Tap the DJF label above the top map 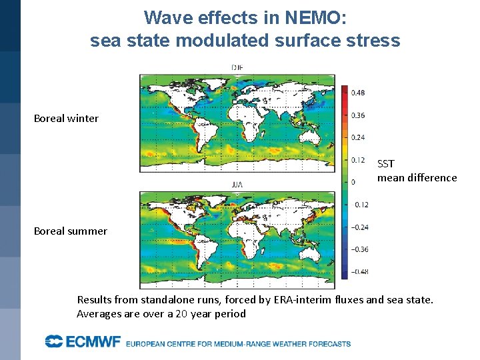[x=237, y=67]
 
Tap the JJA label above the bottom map [x=237, y=184]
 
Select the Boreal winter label [x=66, y=119]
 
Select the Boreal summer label [x=70, y=231]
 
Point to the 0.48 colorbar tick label [x=358, y=93]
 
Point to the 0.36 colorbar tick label [x=358, y=115]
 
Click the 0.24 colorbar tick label [x=358, y=137]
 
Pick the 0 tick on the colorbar [x=353, y=182]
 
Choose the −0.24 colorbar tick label [x=359, y=227]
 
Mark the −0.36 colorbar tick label [x=359, y=249]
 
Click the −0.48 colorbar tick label [x=359, y=271]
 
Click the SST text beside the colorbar [x=386, y=163]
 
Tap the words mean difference [x=417, y=177]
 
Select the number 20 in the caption [x=181, y=314]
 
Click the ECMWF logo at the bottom [x=83, y=343]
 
